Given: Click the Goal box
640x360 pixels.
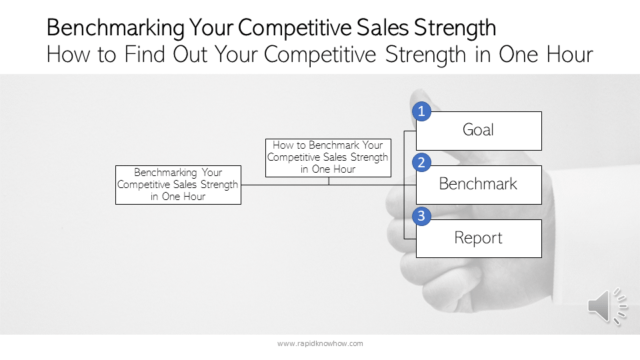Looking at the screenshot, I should (x=478, y=130).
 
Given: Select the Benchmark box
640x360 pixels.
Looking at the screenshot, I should (x=478, y=184).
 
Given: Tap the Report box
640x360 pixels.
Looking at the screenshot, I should (x=478, y=238).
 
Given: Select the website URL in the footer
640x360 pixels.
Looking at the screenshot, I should (x=320, y=343).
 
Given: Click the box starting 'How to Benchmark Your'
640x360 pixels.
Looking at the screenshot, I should (x=328, y=157).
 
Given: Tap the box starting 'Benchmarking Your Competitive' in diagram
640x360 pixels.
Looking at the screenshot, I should (x=178, y=184).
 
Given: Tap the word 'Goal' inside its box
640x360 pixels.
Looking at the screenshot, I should (x=478, y=130).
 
